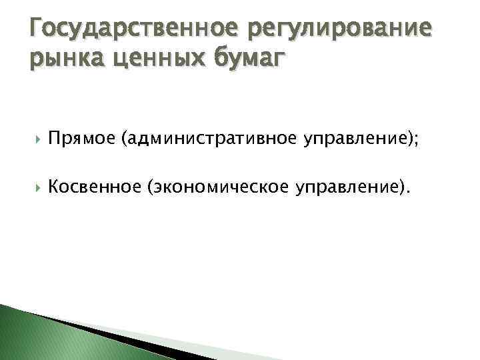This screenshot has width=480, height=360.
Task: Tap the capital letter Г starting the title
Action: [37, 29]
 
